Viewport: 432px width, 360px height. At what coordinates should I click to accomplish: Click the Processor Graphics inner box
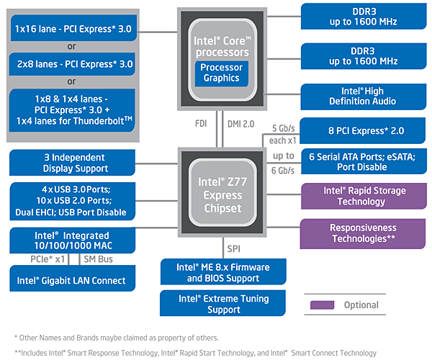[221, 73]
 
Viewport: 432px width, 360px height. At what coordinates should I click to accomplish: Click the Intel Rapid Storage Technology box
[364, 197]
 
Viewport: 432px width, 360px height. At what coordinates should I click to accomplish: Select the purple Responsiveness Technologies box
[364, 233]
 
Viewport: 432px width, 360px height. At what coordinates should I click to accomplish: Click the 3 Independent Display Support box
[70, 163]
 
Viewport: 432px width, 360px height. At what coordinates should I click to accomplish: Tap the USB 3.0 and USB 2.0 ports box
[70, 201]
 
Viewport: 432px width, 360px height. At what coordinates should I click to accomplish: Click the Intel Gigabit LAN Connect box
[70, 280]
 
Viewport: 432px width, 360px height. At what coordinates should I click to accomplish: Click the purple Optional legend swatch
[322, 305]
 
